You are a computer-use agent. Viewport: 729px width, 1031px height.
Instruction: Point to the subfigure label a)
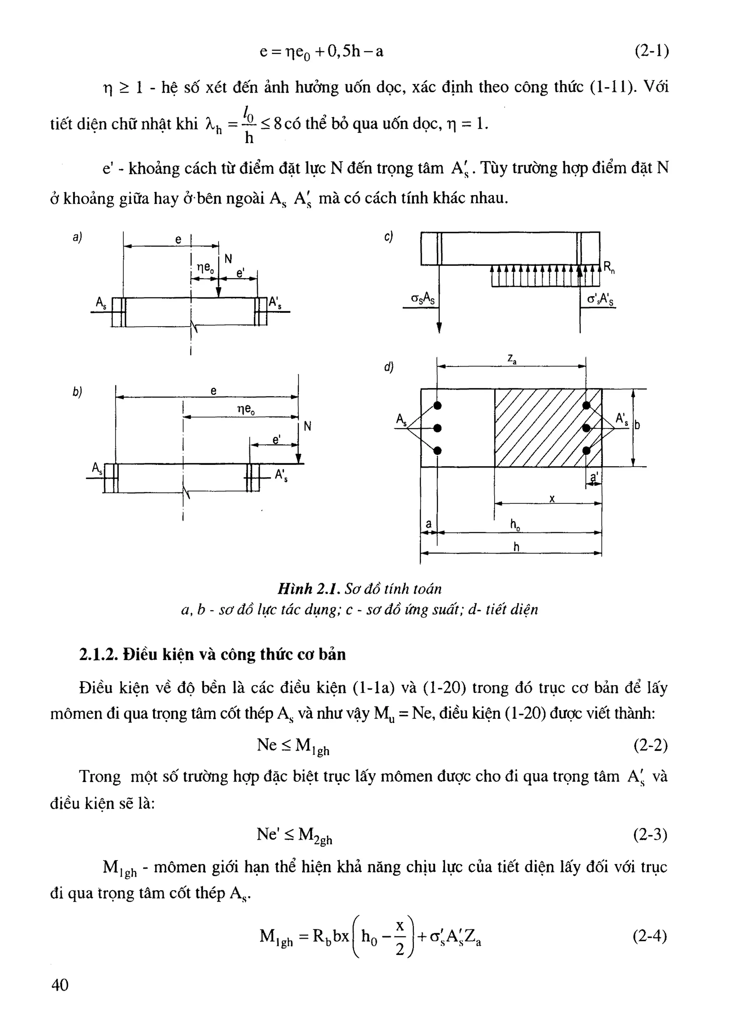(77, 237)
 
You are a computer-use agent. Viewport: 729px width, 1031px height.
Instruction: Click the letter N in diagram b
(308, 426)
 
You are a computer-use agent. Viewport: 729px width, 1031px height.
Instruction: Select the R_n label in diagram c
(609, 268)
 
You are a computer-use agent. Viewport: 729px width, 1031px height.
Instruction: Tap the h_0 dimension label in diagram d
(515, 524)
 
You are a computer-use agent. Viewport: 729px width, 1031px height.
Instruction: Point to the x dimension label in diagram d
(552, 498)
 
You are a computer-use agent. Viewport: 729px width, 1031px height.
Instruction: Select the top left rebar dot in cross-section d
(437, 406)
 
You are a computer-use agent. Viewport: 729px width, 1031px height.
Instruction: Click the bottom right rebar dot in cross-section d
(586, 450)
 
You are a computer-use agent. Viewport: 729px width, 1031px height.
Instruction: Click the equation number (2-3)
(650, 834)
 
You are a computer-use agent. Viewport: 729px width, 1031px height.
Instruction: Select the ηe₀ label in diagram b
(246, 409)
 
